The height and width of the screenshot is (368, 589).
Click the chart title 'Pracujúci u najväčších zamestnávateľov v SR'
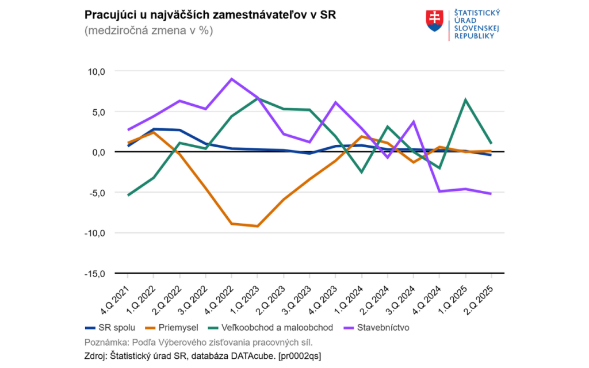(x=210, y=14)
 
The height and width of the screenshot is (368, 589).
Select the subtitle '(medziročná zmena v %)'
(x=148, y=31)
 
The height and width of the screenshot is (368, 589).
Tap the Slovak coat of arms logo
(x=435, y=21)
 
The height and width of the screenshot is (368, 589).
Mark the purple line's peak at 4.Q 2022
(x=231, y=79)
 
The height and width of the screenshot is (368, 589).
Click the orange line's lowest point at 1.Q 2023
(x=257, y=226)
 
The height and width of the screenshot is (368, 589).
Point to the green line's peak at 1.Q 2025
(x=465, y=99)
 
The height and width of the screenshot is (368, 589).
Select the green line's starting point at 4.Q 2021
(x=128, y=195)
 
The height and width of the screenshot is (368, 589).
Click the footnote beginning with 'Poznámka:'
(x=198, y=343)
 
